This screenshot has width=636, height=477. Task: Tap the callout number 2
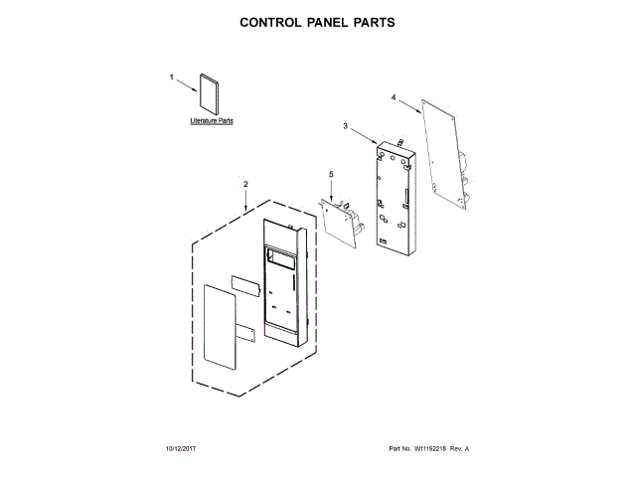point(245,184)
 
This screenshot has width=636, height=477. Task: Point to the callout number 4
point(394,97)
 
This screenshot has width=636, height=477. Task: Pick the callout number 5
point(331,175)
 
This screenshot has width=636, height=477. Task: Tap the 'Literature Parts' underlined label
point(212,121)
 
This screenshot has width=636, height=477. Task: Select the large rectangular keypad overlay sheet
point(220,324)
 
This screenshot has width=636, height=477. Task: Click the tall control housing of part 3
point(396,195)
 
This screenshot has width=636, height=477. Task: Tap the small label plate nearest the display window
point(244,283)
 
